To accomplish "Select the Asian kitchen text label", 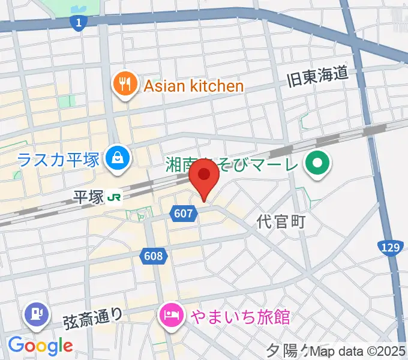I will (x=193, y=86).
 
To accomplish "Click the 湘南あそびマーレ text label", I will (x=231, y=163).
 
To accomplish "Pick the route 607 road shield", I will (x=184, y=212).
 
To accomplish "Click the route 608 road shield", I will (x=154, y=256).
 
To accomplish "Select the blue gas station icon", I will (x=35, y=313).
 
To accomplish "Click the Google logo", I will (x=40, y=346).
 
